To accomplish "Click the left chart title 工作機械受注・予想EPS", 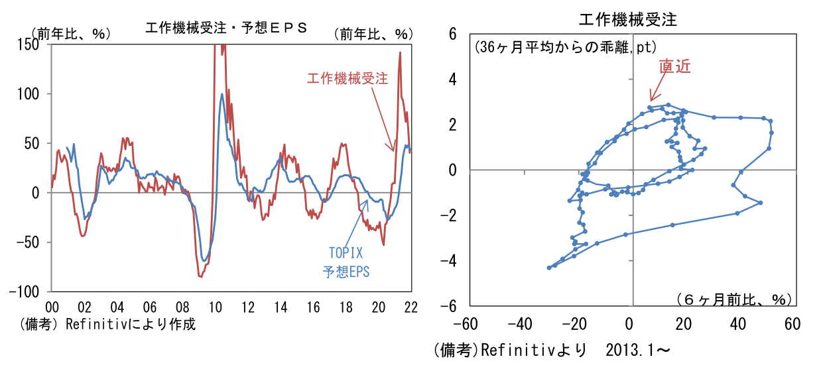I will coord(225,28).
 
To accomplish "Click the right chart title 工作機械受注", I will coord(627,19).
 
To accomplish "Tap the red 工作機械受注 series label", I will coord(347,78).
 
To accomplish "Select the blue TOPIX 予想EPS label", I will coord(347,262).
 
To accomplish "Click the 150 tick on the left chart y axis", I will coord(29,44).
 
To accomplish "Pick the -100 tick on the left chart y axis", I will coord(25,292).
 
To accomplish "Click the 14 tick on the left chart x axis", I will coord(281,307).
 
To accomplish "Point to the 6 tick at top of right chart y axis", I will coord(453,33).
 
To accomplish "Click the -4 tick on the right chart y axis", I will coord(450,260).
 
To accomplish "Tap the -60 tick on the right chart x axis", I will coord(468,325).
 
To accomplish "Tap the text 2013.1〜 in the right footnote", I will coord(637,350).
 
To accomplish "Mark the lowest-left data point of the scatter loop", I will coord(548,268).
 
